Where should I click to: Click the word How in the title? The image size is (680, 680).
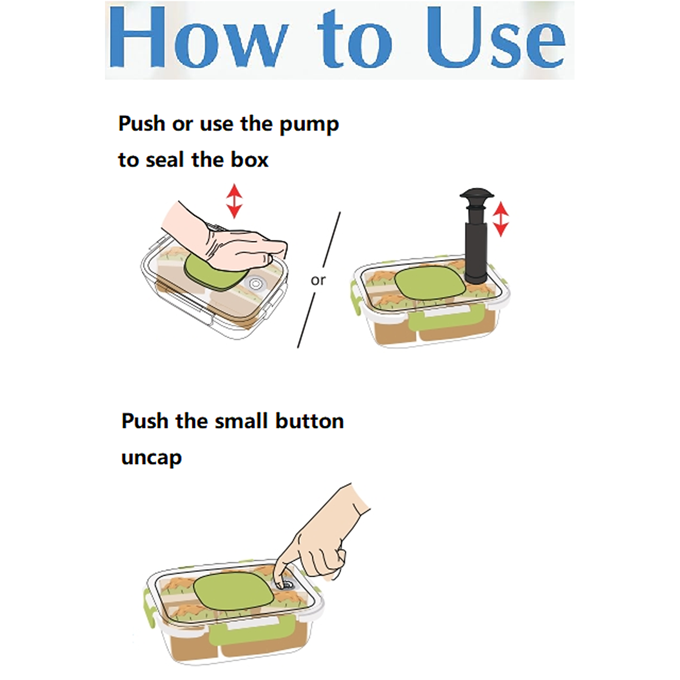[198, 37]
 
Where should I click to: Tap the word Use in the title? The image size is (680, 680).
[495, 37]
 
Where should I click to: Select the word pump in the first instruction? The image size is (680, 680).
[309, 125]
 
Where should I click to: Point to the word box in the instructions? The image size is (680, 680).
[250, 160]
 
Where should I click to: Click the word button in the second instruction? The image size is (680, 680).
[310, 421]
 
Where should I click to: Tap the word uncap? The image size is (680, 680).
[152, 458]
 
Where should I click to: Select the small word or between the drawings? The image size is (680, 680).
[318, 280]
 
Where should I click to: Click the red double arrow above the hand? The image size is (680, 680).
[234, 201]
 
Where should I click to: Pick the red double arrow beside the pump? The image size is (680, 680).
[500, 219]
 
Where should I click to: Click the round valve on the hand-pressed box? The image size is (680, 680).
[256, 284]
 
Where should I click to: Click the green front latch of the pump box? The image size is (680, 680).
[446, 318]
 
